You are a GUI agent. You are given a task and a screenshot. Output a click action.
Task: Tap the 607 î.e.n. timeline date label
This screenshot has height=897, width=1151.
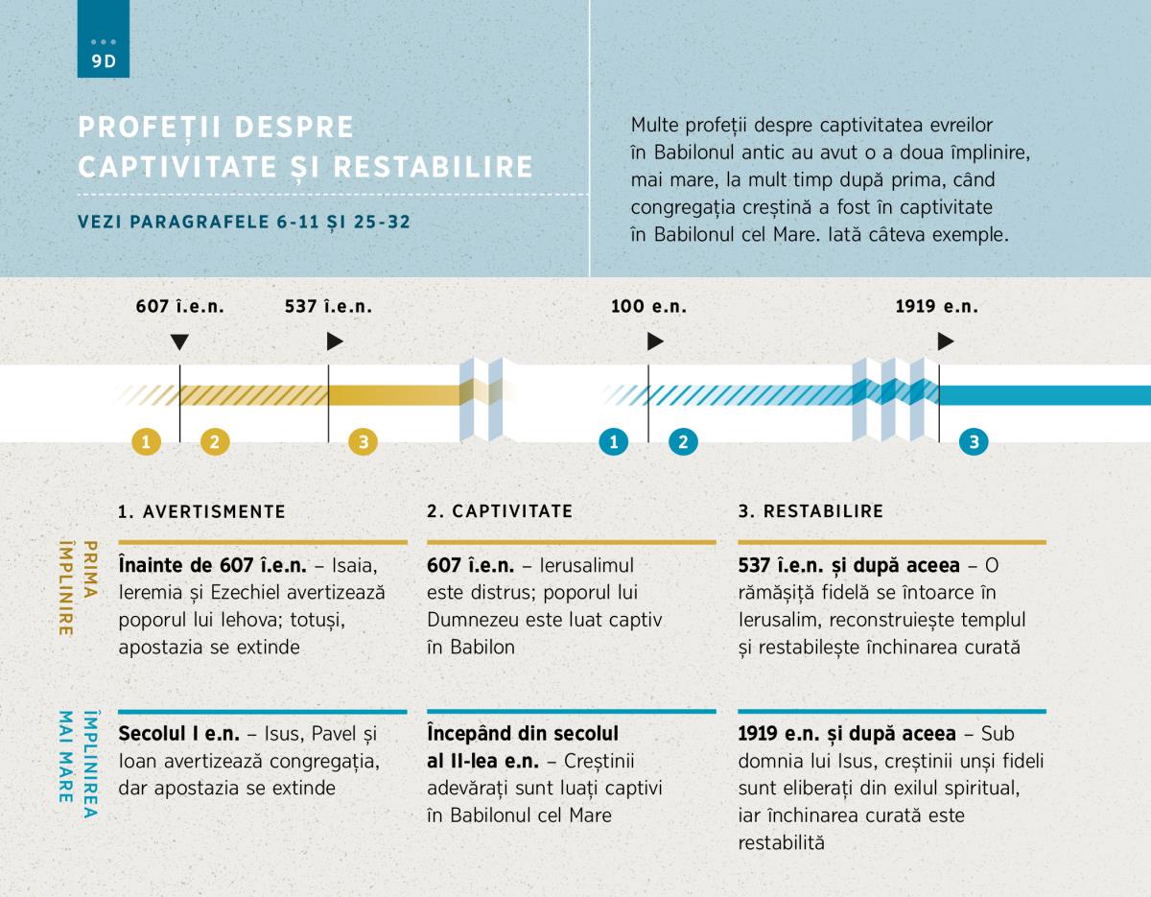pos(179,307)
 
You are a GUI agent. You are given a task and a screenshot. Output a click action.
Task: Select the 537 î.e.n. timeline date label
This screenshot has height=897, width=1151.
pos(328,307)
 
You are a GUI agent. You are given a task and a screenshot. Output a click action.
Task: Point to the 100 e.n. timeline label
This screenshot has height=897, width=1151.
pos(648,307)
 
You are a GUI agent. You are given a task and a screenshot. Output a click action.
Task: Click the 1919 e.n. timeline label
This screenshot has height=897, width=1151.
pos(936,307)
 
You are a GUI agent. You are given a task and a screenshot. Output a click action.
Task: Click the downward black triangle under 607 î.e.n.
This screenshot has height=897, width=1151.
pos(179,342)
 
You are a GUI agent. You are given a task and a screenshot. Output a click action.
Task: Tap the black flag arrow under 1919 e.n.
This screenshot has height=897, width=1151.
pos(946,342)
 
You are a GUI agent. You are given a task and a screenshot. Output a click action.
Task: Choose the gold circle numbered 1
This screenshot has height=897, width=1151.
pos(147,441)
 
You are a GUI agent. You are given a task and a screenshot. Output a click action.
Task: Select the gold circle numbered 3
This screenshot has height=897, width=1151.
pos(363,441)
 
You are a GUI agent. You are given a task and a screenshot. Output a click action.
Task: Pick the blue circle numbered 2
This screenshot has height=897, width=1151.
pos(683,441)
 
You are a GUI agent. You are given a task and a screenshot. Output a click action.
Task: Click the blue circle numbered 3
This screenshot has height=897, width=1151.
pos(974,441)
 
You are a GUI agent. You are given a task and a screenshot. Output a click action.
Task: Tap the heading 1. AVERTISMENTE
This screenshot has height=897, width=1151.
pos(202,511)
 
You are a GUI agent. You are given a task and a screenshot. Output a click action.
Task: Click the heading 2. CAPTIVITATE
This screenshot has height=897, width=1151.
pos(500,511)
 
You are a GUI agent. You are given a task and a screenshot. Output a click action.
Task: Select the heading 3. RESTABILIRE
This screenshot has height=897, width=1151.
pos(810,511)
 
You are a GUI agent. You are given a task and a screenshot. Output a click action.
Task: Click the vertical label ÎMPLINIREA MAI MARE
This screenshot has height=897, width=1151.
pos(78,764)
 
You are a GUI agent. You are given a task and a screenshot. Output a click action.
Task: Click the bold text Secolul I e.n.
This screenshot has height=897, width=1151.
pos(179,734)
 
